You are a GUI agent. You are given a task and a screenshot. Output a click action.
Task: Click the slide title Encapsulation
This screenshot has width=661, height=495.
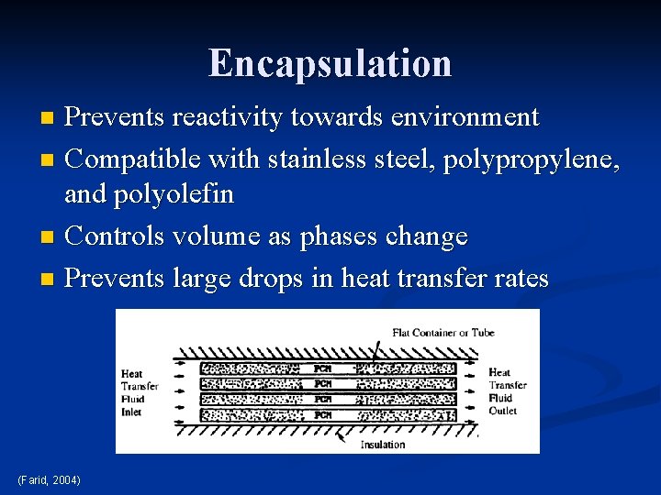(x=330, y=63)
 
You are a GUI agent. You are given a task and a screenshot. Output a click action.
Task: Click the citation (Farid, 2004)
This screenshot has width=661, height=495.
(x=49, y=480)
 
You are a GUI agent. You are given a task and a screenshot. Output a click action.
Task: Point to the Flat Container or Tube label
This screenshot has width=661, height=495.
(x=443, y=332)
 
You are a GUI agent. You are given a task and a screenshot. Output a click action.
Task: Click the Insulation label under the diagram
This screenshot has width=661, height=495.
(x=383, y=445)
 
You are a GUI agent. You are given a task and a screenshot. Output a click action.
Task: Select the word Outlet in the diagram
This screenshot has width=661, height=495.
(x=502, y=411)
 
